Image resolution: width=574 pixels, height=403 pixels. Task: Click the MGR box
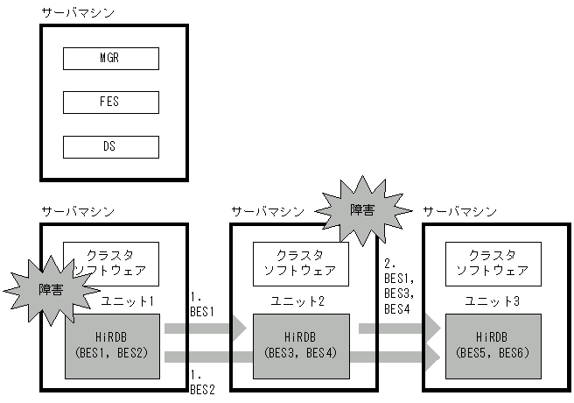[x=111, y=59]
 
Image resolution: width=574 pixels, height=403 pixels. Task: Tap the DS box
[x=111, y=146]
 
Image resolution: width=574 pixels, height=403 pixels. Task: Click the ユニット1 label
[x=128, y=301]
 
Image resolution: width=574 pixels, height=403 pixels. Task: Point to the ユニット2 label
[x=300, y=301]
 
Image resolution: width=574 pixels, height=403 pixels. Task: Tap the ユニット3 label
[x=493, y=301]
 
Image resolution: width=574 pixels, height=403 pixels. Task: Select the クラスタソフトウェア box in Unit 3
[x=493, y=263]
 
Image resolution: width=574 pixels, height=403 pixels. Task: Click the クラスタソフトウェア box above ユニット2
[x=301, y=263]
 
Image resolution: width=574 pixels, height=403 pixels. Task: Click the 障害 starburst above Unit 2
[x=362, y=210]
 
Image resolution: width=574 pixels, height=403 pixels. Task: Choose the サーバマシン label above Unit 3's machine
[x=459, y=211]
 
